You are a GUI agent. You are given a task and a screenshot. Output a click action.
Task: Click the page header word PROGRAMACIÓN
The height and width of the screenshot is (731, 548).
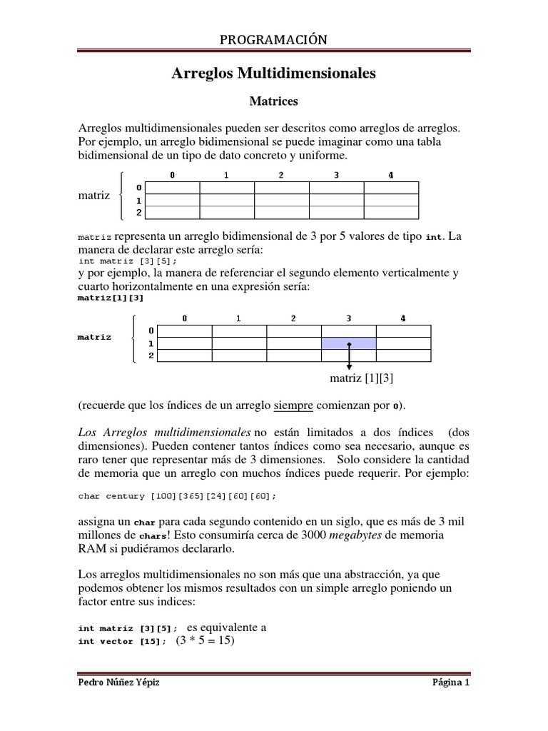coord(273,40)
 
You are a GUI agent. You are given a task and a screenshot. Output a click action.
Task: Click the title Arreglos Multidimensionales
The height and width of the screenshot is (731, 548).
coord(274,74)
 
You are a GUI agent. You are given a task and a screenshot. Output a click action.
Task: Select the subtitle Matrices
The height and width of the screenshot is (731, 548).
coord(274,102)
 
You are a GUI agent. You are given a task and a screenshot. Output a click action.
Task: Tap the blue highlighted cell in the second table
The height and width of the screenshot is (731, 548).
coord(349,343)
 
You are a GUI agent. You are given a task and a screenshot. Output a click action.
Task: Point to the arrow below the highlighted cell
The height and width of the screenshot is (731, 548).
coord(349,357)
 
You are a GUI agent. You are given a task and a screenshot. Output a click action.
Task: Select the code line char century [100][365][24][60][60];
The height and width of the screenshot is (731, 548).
coord(176,495)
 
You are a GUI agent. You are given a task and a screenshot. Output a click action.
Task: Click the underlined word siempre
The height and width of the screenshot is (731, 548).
coord(293,405)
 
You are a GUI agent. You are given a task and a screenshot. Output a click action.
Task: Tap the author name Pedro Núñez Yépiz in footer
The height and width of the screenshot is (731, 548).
coord(119,682)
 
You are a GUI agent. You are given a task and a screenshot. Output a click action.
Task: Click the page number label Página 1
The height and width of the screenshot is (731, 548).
coord(451,682)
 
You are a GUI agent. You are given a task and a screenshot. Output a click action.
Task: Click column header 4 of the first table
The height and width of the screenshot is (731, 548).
coord(391,175)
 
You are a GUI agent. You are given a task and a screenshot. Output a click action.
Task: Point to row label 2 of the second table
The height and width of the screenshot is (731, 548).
coord(151,355)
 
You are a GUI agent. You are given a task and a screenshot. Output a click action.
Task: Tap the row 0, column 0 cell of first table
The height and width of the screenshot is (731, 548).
coord(172,187)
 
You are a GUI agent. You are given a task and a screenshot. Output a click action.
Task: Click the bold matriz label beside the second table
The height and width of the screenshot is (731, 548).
coord(94,337)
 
